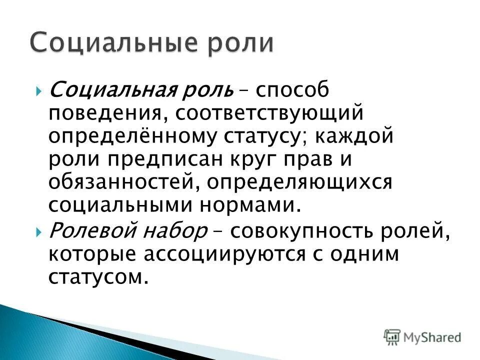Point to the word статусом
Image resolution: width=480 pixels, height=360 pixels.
pyautogui.click(x=99, y=276)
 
